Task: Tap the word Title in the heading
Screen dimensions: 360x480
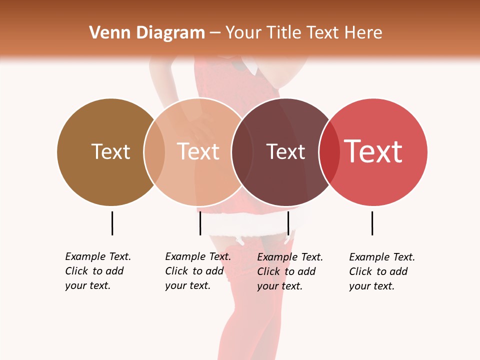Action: pyautogui.click(x=283, y=33)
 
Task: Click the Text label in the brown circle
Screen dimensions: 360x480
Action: pyautogui.click(x=110, y=151)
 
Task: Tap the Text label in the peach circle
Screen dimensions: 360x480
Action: pyautogui.click(x=198, y=151)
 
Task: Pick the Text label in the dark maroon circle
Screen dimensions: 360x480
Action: pyautogui.click(x=285, y=151)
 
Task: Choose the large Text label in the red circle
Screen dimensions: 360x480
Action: pyautogui.click(x=373, y=151)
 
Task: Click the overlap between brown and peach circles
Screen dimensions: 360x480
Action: pyautogui.click(x=154, y=151)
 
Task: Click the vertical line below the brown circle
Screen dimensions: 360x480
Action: pyautogui.click(x=112, y=223)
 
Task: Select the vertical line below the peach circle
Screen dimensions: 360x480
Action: pyautogui.click(x=200, y=223)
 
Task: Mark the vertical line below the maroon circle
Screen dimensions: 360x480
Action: pyautogui.click(x=288, y=223)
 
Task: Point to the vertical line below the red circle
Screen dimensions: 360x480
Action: pyautogui.click(x=372, y=223)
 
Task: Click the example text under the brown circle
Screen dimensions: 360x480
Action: pyautogui.click(x=97, y=271)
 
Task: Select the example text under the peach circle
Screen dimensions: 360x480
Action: pyautogui.click(x=197, y=271)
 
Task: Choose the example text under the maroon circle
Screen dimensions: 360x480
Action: pyautogui.click(x=289, y=271)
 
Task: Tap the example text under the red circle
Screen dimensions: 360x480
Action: pyautogui.click(x=381, y=271)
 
